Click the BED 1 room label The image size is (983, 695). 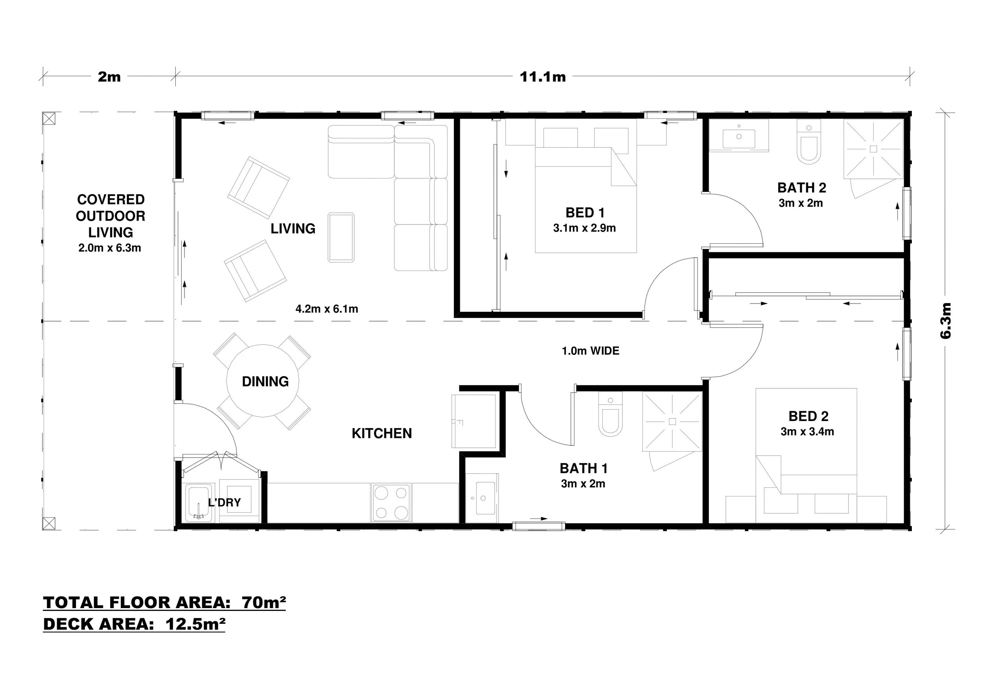[585, 213]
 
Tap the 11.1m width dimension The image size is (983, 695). [543, 77]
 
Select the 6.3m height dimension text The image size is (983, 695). [945, 320]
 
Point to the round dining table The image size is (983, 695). [262, 381]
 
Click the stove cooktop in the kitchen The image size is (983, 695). [391, 503]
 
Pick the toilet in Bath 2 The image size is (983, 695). [809, 142]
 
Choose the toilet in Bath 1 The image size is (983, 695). [610, 415]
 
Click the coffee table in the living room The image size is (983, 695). [341, 237]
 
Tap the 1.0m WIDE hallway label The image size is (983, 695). [591, 351]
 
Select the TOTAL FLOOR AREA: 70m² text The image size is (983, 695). [164, 603]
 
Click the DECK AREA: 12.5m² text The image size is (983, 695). [134, 624]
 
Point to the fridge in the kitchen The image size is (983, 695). [474, 421]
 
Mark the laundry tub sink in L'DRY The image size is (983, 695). [199, 503]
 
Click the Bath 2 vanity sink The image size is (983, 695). [739, 136]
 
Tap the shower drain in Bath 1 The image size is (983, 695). [672, 421]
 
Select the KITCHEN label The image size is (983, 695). [382, 434]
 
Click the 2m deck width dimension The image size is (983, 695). [109, 77]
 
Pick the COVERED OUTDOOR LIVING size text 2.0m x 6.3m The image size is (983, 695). [110, 248]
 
